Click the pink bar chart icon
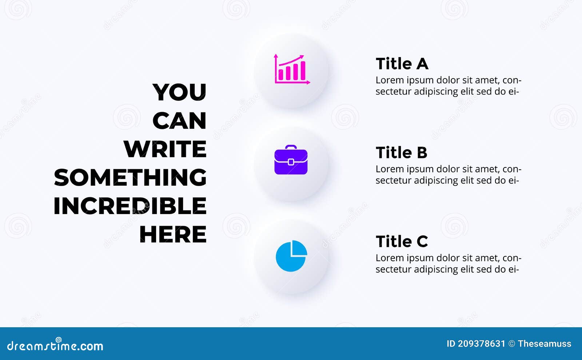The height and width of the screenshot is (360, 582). point(292,69)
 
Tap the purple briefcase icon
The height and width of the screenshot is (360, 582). point(291,160)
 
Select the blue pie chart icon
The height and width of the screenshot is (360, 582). point(291,256)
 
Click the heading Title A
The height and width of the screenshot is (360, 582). point(402,64)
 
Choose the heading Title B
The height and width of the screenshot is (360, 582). point(401,153)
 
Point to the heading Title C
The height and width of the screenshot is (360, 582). point(402,241)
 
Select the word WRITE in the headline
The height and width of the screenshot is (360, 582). point(165,149)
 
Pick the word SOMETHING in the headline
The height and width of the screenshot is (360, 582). point(130,177)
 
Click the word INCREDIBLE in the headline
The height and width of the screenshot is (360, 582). point(130,206)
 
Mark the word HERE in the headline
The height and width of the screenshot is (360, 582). point(173,234)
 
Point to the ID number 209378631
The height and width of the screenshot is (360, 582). point(482,344)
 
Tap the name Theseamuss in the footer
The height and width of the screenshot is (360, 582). point(545,344)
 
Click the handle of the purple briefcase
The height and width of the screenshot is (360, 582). point(291,147)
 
